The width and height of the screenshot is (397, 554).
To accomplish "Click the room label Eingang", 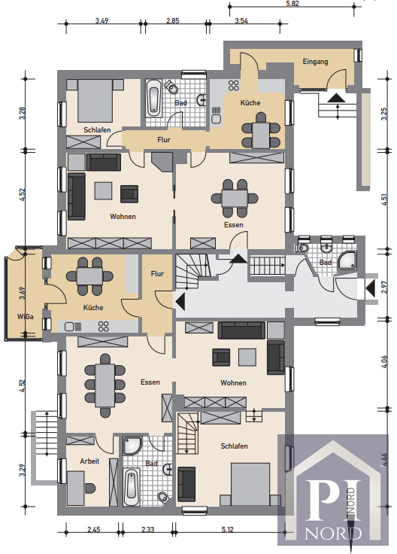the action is coord(315,62).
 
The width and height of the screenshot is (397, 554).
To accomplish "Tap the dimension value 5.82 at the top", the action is coord(292,4).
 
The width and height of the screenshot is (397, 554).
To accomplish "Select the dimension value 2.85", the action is coord(173,20).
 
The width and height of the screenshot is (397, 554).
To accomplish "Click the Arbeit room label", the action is coord(89,461).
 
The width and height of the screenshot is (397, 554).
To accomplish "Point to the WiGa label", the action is coord(26,317).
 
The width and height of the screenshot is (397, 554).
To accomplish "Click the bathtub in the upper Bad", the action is coord(154,97).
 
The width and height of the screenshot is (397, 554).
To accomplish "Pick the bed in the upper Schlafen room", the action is coord(95,101).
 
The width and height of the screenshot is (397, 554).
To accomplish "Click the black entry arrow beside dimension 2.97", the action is coord(371,288).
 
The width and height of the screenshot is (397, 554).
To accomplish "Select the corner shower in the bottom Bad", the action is coord(132,446).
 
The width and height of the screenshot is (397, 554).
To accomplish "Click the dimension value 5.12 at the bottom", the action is coord(228,530).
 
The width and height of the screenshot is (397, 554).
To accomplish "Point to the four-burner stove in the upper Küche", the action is coord(233,85).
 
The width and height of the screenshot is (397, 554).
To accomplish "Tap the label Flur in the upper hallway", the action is coord(164,140).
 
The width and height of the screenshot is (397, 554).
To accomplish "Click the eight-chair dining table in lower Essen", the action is coord(105,385).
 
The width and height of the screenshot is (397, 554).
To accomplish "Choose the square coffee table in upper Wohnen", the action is coord(103,190).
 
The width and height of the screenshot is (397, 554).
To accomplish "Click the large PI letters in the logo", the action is coord(333,500).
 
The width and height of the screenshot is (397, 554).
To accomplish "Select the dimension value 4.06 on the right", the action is coord(384,361).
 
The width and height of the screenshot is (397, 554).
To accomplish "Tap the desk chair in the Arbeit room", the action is coord(91,489).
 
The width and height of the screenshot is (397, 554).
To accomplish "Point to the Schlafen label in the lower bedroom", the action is coord(234,446).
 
